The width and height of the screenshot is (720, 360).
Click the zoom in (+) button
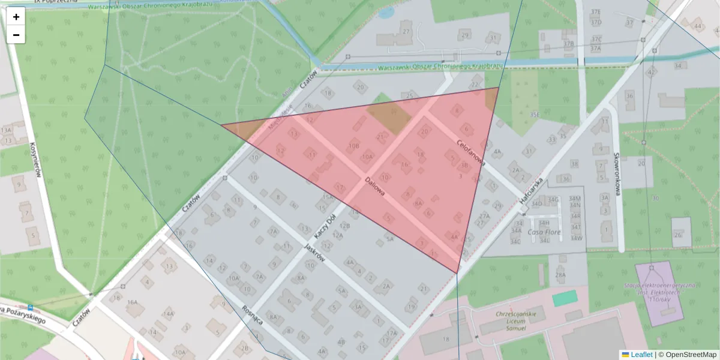tap(16, 17)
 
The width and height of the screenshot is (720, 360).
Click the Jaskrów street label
tap(315, 252)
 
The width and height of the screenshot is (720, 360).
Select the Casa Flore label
tap(543, 232)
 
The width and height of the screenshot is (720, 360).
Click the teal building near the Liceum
tap(565, 298)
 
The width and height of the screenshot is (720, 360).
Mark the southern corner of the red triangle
tap(457, 274)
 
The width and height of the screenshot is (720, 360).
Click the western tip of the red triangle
tap(222, 125)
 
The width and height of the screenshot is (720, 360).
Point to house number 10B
tap(354, 146)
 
